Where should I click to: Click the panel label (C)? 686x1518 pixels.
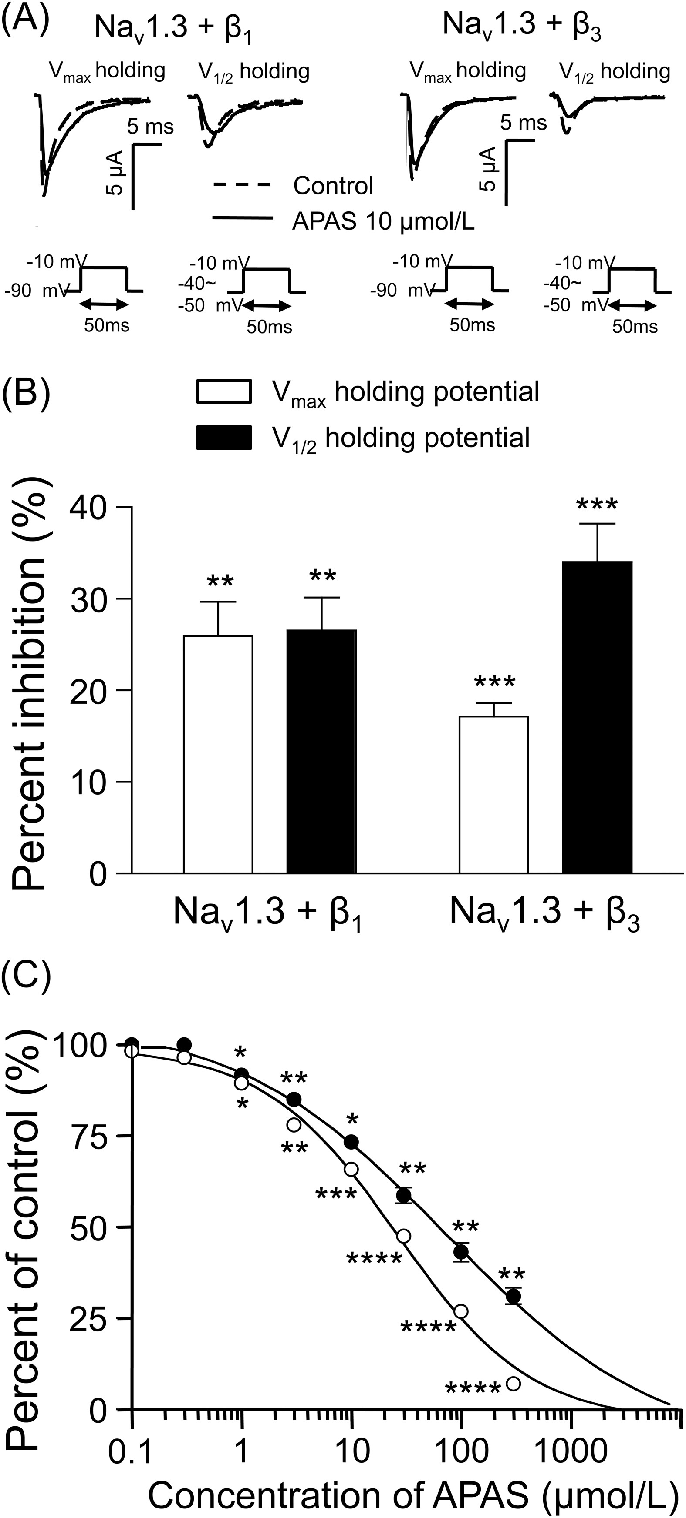[26, 978]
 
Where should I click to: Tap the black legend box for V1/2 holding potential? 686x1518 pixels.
[224, 438]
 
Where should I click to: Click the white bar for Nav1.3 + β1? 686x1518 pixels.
[218, 754]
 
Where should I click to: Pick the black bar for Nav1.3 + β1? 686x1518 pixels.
[321, 751]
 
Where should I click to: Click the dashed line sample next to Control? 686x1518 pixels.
[242, 186]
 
